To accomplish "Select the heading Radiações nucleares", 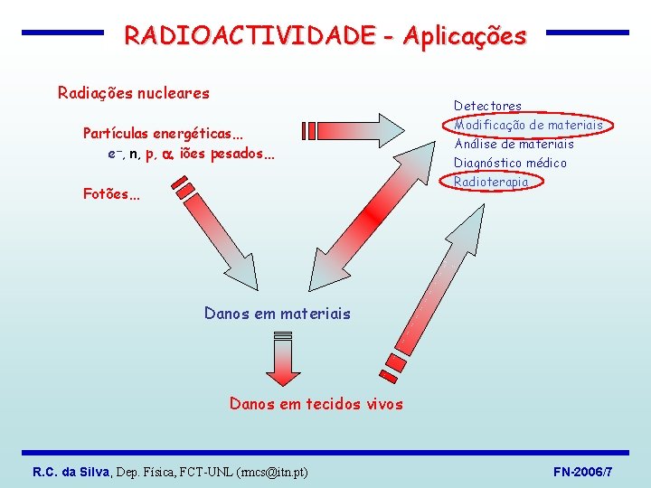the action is point(134,92).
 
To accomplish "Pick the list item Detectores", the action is point(487,106).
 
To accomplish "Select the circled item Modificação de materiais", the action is point(528,125).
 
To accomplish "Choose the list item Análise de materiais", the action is point(514,144).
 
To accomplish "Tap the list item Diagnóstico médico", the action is point(510,163).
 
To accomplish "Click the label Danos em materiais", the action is point(277,314).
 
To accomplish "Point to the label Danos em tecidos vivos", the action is point(316,404).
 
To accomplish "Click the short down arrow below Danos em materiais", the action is point(283,358).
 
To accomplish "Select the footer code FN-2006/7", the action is point(582,472).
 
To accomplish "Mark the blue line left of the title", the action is point(62,33).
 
